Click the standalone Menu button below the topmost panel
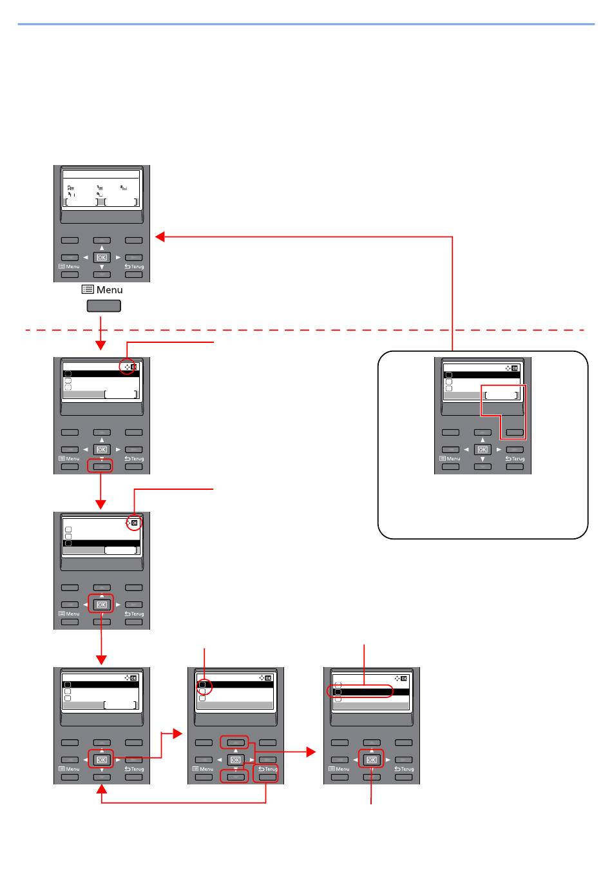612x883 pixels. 104,306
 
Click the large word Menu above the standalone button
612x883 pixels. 110,290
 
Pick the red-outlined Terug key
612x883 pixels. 267,773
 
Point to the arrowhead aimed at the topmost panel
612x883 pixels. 160,237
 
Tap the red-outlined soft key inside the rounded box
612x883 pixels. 514,433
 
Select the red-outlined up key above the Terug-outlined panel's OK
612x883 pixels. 234,742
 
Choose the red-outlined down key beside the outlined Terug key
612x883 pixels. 234,777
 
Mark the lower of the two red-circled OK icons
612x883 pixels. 134,524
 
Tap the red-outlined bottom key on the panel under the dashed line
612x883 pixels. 102,465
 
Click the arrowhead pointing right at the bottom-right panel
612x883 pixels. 311,752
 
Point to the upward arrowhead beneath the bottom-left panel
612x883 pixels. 102,791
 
